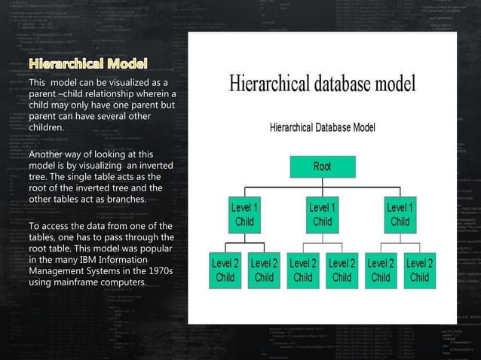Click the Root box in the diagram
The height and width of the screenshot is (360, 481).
[322, 166]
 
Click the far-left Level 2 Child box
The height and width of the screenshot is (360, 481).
[225, 270]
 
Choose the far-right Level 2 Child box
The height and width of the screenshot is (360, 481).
[419, 270]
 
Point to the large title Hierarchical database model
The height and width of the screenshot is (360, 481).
[323, 83]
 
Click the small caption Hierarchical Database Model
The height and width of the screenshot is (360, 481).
[323, 128]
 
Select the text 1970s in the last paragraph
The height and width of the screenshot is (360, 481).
[159, 271]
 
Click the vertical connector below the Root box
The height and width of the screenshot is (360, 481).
[322, 181]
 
